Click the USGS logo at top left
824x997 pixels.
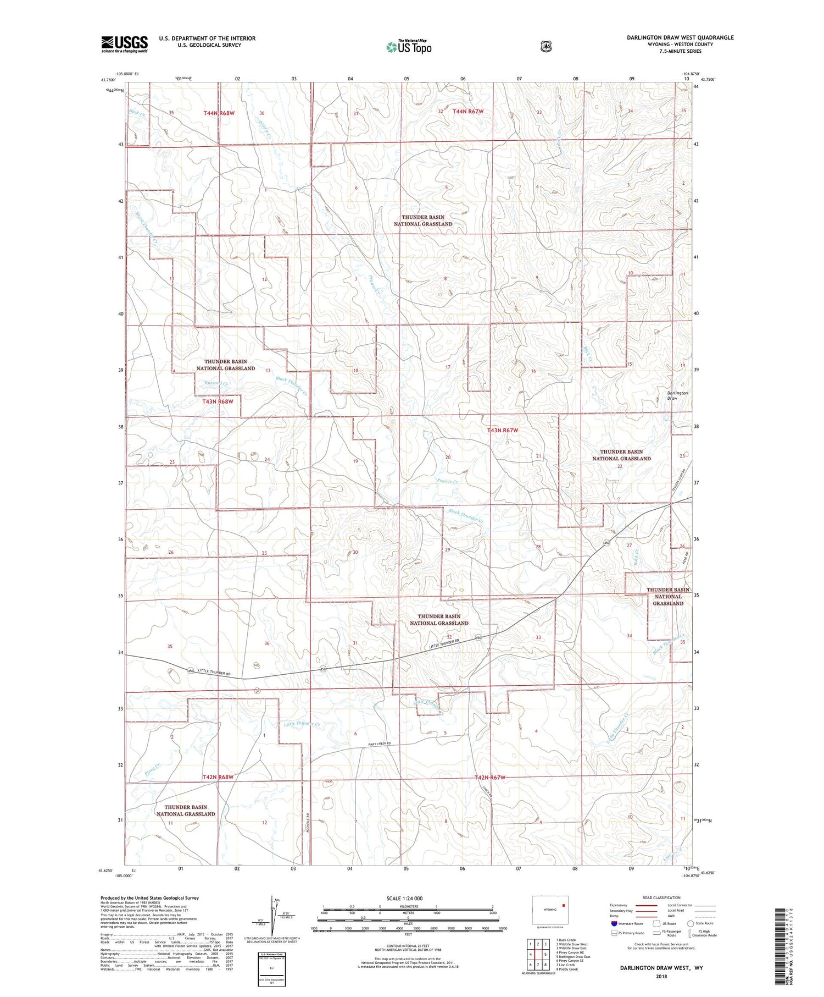click(x=124, y=44)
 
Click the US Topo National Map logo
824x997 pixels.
click(x=409, y=46)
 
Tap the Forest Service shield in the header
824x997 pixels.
click(x=545, y=46)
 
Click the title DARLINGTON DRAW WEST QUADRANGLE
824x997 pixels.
click(x=680, y=37)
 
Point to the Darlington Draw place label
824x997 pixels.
click(x=677, y=395)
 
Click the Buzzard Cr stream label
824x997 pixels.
click(x=216, y=383)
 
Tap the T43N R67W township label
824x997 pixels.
click(x=503, y=430)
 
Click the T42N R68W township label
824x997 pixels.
click(x=218, y=777)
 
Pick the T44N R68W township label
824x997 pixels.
click(x=219, y=113)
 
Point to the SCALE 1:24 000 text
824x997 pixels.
click(x=409, y=898)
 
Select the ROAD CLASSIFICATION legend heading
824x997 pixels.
click(x=661, y=897)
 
